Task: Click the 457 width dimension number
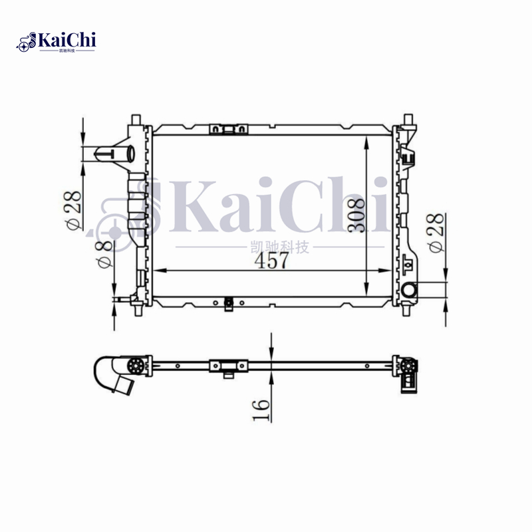coord(272,261)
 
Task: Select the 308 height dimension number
coord(356,215)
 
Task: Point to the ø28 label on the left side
coord(73,210)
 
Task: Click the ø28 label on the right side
coord(437,233)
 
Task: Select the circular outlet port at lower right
coord(409,290)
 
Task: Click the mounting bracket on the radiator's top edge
coord(227,129)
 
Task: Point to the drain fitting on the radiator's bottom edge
coord(228,304)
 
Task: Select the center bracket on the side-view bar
coord(228,366)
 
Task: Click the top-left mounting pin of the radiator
coord(136,120)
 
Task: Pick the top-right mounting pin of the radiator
coord(407,120)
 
